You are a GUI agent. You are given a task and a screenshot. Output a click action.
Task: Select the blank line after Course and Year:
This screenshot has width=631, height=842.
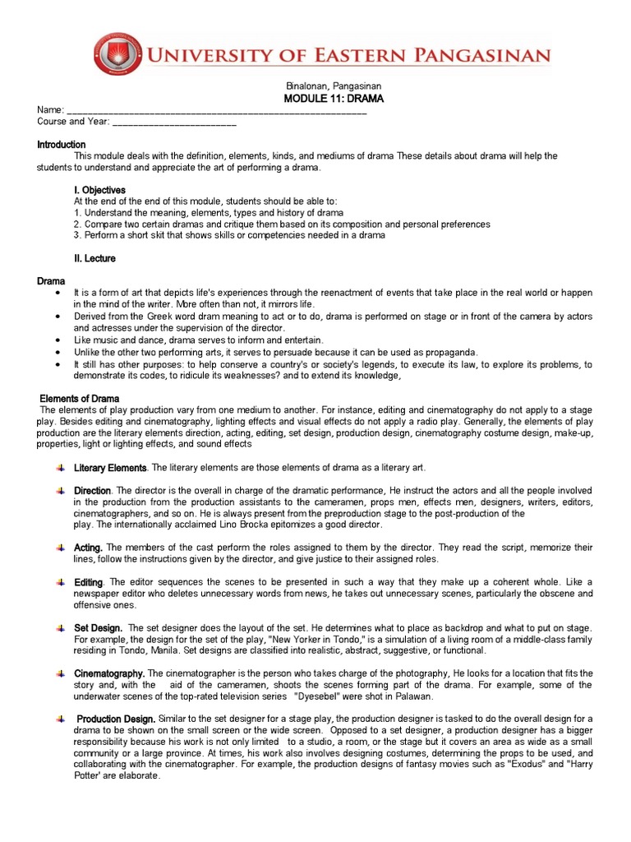173,122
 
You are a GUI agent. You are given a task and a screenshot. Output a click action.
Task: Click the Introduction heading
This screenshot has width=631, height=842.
62,145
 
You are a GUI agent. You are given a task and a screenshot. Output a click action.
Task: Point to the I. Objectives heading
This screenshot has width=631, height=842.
99,190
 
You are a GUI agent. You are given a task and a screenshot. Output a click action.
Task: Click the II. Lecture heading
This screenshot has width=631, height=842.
94,258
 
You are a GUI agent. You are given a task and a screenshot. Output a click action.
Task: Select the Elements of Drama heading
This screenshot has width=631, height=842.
81,399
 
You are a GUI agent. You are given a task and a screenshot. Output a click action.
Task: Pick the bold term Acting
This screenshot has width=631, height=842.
88,547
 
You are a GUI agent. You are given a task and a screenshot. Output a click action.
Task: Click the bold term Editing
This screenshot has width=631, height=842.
89,581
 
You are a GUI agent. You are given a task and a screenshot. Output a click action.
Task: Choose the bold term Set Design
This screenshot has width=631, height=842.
98,627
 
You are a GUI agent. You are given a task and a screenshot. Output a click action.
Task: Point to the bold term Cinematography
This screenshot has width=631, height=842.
108,673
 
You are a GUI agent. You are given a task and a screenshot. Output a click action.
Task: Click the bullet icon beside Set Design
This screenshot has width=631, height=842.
61,627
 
